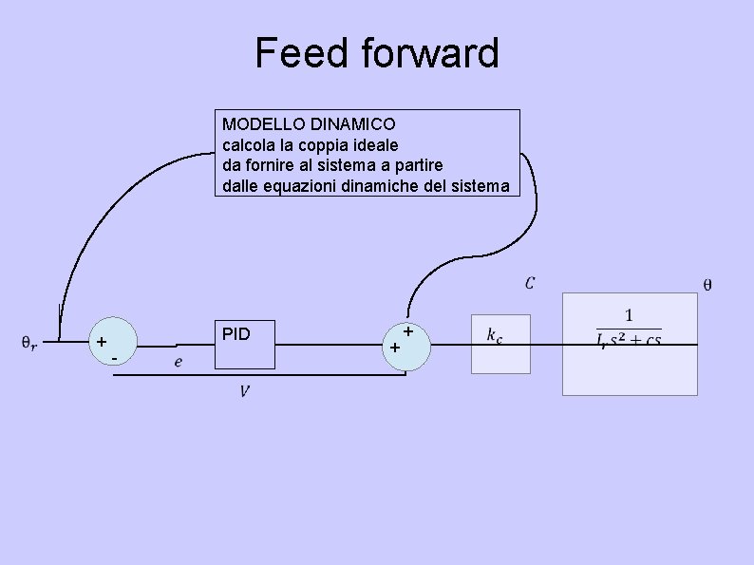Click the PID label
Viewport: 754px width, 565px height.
(x=236, y=334)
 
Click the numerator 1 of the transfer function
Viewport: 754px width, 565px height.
(x=630, y=314)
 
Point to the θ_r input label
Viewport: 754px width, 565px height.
(x=29, y=342)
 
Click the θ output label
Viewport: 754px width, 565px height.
(x=707, y=283)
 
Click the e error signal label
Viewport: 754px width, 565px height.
(x=179, y=361)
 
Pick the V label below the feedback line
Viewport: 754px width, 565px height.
(x=245, y=390)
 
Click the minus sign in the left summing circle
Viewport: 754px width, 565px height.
(x=114, y=358)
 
